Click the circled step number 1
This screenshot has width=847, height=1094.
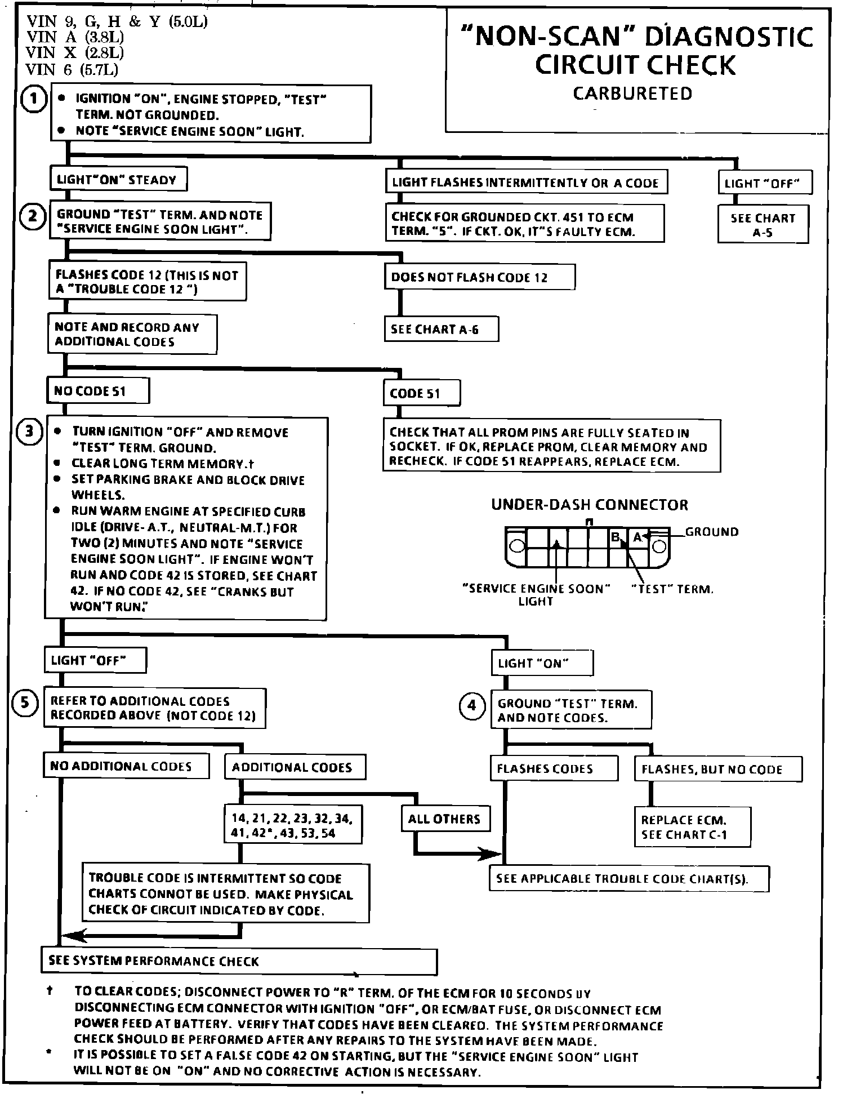click(33, 100)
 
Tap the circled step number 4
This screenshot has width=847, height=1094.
click(472, 706)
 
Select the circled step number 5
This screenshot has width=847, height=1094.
click(25, 702)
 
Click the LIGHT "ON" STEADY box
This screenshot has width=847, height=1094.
click(118, 180)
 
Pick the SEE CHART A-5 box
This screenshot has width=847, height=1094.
click(763, 225)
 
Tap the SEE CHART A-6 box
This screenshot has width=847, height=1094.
click(441, 330)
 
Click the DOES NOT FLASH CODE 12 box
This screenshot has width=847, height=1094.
click(479, 277)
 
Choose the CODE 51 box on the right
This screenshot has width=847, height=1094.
click(421, 393)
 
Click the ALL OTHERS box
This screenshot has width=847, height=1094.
click(444, 819)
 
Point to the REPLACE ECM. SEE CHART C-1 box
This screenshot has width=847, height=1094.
click(692, 827)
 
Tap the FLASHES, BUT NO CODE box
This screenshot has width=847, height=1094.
click(717, 770)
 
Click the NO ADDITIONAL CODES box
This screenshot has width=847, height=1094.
click(126, 766)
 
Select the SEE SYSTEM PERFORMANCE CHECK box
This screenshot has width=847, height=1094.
click(239, 962)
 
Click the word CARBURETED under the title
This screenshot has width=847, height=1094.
click(632, 94)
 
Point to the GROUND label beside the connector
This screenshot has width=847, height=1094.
click(711, 532)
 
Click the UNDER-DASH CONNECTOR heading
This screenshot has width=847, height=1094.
click(589, 505)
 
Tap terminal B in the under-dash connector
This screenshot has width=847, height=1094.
click(616, 537)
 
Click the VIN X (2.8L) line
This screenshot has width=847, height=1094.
click(75, 53)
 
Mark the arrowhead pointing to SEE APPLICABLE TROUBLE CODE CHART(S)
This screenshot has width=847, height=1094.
click(491, 853)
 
